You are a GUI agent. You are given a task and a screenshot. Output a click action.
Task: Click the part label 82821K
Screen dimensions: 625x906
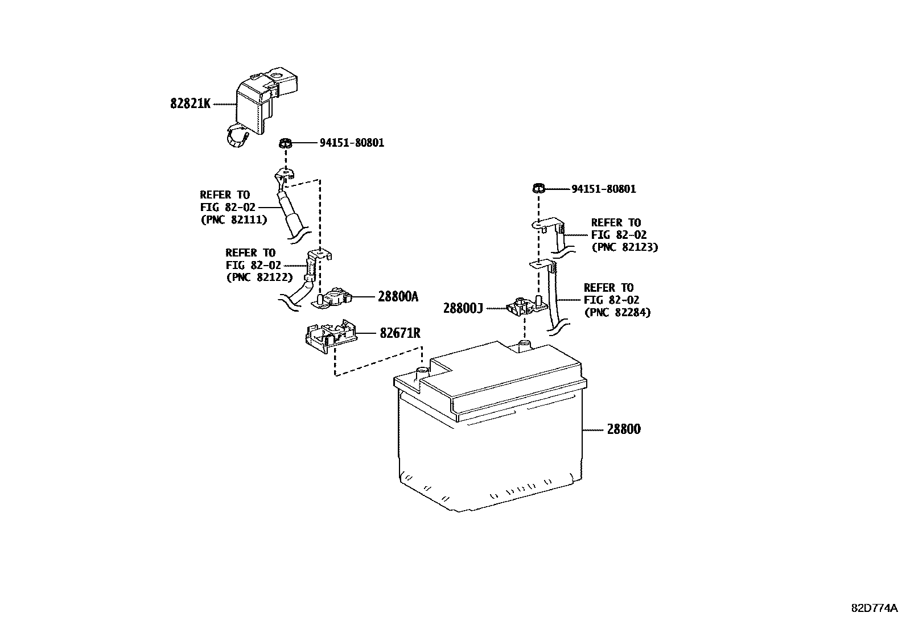190,104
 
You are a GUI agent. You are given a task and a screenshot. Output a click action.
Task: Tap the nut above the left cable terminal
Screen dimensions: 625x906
286,143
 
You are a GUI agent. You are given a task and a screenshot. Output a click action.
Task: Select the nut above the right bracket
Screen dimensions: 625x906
538,188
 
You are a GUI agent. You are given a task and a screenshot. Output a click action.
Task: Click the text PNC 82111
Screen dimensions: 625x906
233,220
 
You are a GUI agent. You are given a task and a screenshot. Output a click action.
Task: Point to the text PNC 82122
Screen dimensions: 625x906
259,278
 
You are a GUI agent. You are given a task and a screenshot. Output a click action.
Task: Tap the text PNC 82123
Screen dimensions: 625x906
624,247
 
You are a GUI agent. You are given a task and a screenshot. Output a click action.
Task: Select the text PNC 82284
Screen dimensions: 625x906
617,312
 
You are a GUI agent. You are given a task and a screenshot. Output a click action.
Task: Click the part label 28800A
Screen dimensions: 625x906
398,296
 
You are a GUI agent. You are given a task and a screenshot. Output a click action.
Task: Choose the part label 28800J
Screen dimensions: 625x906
463,308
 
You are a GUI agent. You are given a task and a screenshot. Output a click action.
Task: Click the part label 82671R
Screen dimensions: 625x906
400,333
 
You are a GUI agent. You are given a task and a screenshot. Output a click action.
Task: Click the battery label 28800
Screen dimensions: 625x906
623,429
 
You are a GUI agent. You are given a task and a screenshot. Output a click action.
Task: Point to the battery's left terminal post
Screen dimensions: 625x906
422,372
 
